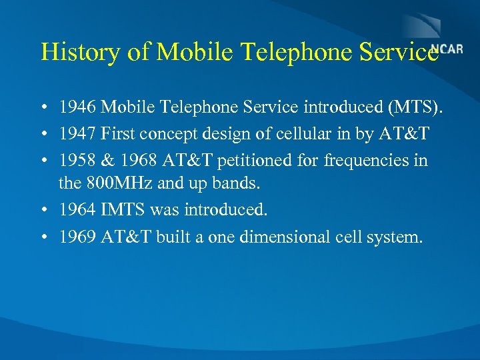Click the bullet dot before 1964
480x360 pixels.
43,211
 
